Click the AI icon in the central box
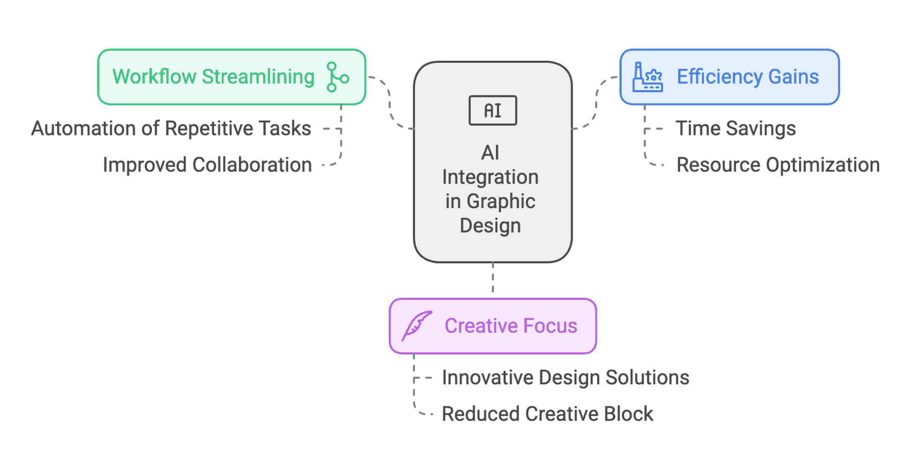coord(493,110)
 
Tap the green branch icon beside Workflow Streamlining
coord(337,77)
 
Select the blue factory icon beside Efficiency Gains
coord(647,77)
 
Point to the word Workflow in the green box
coord(154,77)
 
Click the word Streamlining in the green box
coord(258,77)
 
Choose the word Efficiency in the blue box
coord(719,77)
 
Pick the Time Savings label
coord(735,128)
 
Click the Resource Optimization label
coord(778,165)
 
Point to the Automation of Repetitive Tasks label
coord(171,128)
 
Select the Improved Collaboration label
coord(207,165)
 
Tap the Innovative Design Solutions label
coord(565,378)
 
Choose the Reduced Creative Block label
coord(547,414)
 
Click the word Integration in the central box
coord(490,177)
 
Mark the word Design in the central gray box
coord(490,226)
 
